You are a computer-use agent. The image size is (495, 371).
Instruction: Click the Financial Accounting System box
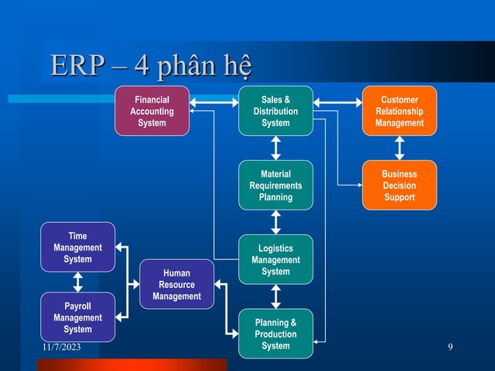pos(151,111)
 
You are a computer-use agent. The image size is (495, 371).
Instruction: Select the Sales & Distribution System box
pos(275,111)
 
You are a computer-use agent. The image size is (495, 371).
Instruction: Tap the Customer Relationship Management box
pos(400,111)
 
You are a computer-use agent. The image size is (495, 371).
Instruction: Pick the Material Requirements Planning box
pos(275,185)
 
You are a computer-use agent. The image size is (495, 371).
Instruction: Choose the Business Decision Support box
pos(400,185)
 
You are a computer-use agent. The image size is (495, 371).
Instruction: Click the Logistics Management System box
pos(275,259)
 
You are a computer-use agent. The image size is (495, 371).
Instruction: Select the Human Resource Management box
pos(176,284)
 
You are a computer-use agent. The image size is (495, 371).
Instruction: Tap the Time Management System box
pos(78,247)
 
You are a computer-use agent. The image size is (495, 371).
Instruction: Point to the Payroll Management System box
pos(78,317)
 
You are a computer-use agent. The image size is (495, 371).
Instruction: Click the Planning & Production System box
pos(275,334)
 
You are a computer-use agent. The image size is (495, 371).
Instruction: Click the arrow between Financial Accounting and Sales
pos(213,101)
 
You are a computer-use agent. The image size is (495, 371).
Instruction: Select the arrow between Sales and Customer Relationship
pos(337,101)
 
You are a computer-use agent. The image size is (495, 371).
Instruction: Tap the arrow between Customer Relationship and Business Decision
pos(400,147)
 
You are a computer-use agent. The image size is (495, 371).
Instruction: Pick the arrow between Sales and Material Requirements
pos(275,147)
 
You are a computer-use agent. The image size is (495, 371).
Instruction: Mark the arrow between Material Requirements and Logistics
pos(275,222)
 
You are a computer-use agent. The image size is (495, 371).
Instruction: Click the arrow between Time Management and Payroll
pos(78,282)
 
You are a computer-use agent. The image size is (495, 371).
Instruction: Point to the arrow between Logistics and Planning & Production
pos(275,296)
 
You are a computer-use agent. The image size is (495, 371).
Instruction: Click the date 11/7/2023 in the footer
pos(62,355)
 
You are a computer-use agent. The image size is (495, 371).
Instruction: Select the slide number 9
pos(451,355)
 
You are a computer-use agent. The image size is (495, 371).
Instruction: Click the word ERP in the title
pos(76,66)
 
